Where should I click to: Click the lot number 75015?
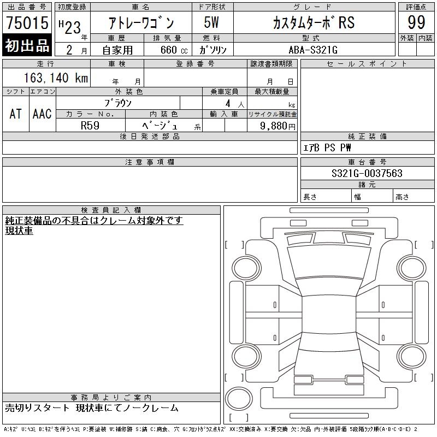(27, 22)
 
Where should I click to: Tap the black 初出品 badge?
(27, 45)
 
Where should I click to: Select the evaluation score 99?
(416, 22)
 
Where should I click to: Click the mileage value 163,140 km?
(56, 78)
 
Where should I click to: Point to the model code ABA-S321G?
(313, 50)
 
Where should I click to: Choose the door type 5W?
(211, 22)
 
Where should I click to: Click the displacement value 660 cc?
(174, 50)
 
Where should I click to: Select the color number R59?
(90, 126)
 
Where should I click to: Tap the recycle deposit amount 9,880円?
(277, 126)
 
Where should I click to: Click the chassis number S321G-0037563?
(367, 173)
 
